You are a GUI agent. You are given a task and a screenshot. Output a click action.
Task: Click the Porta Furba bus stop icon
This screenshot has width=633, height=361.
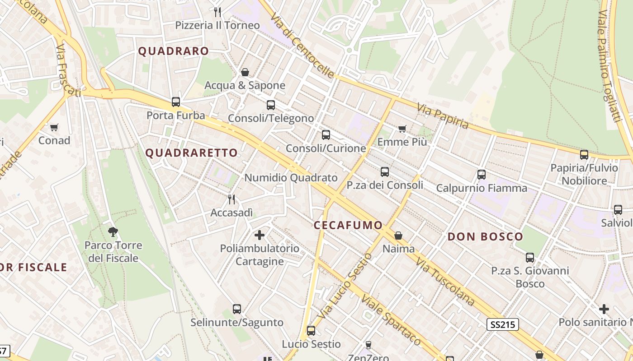[176, 102]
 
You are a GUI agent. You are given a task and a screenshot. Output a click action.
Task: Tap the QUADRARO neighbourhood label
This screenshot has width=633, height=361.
[173, 51]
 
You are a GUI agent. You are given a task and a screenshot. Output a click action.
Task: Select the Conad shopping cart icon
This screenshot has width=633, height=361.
[54, 128]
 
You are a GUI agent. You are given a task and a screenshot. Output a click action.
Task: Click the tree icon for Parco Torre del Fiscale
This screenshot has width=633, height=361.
[113, 232]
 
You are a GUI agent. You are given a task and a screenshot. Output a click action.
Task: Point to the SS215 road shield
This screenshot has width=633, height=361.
[503, 324]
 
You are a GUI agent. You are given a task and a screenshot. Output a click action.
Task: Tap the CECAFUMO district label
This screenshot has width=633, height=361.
[348, 225]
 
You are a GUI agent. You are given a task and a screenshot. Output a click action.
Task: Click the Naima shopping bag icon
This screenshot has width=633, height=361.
[398, 236]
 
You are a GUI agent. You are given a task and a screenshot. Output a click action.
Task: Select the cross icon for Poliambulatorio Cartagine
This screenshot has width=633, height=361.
[260, 235]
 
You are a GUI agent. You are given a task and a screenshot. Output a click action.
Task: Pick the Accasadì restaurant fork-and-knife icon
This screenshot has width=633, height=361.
[231, 199]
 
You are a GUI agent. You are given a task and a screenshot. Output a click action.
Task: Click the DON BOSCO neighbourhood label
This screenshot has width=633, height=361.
[485, 236]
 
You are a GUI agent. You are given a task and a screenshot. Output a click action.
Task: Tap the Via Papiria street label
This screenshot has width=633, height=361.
[443, 116]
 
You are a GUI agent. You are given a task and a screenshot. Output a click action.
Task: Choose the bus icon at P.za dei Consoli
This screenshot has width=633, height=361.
[385, 172]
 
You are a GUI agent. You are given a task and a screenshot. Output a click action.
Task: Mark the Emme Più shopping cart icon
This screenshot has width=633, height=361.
[402, 129]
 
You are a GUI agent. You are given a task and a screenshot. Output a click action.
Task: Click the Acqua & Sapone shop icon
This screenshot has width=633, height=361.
[245, 72]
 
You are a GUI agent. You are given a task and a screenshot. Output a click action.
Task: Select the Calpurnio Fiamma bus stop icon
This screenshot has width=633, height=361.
[482, 175]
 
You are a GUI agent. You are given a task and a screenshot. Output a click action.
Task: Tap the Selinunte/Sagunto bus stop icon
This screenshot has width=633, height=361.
[237, 309]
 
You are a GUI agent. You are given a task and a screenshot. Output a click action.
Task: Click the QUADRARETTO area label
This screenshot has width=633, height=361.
[191, 153]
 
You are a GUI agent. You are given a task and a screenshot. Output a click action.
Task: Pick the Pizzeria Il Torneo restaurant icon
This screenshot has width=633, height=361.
[217, 12]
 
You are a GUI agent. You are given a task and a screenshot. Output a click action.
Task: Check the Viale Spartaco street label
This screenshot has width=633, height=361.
[391, 320]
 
